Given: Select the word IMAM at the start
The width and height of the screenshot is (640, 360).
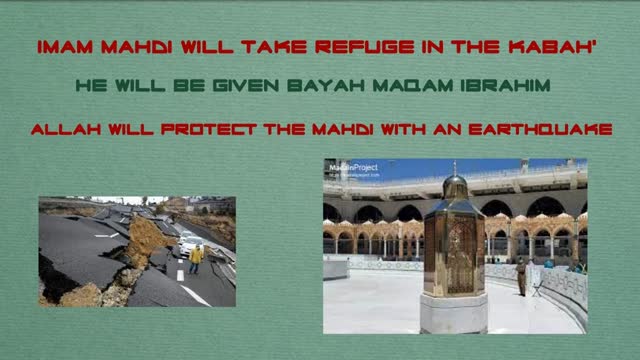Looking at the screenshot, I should point(66,46).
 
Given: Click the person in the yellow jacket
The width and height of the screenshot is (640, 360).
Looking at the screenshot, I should point(196,257).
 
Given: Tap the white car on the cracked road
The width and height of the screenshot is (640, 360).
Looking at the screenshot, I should point(189,242).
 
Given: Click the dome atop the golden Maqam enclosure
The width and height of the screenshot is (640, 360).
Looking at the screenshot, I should point(454,185).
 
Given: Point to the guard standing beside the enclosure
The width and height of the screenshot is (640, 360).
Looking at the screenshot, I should point(522,277).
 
